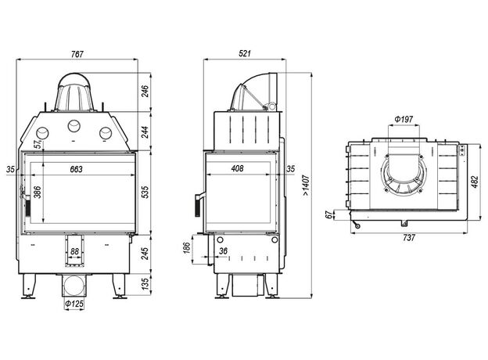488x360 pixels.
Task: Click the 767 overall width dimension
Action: point(76,54)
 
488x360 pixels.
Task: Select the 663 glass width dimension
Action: point(76,169)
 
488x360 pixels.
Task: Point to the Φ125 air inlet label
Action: point(74,303)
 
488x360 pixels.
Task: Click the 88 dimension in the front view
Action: point(75,250)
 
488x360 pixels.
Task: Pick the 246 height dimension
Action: point(145,92)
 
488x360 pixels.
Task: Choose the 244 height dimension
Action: point(145,131)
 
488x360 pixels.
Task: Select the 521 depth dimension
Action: point(246,54)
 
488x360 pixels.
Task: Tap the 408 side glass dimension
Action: point(237,169)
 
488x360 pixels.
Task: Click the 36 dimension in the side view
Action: point(224,250)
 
